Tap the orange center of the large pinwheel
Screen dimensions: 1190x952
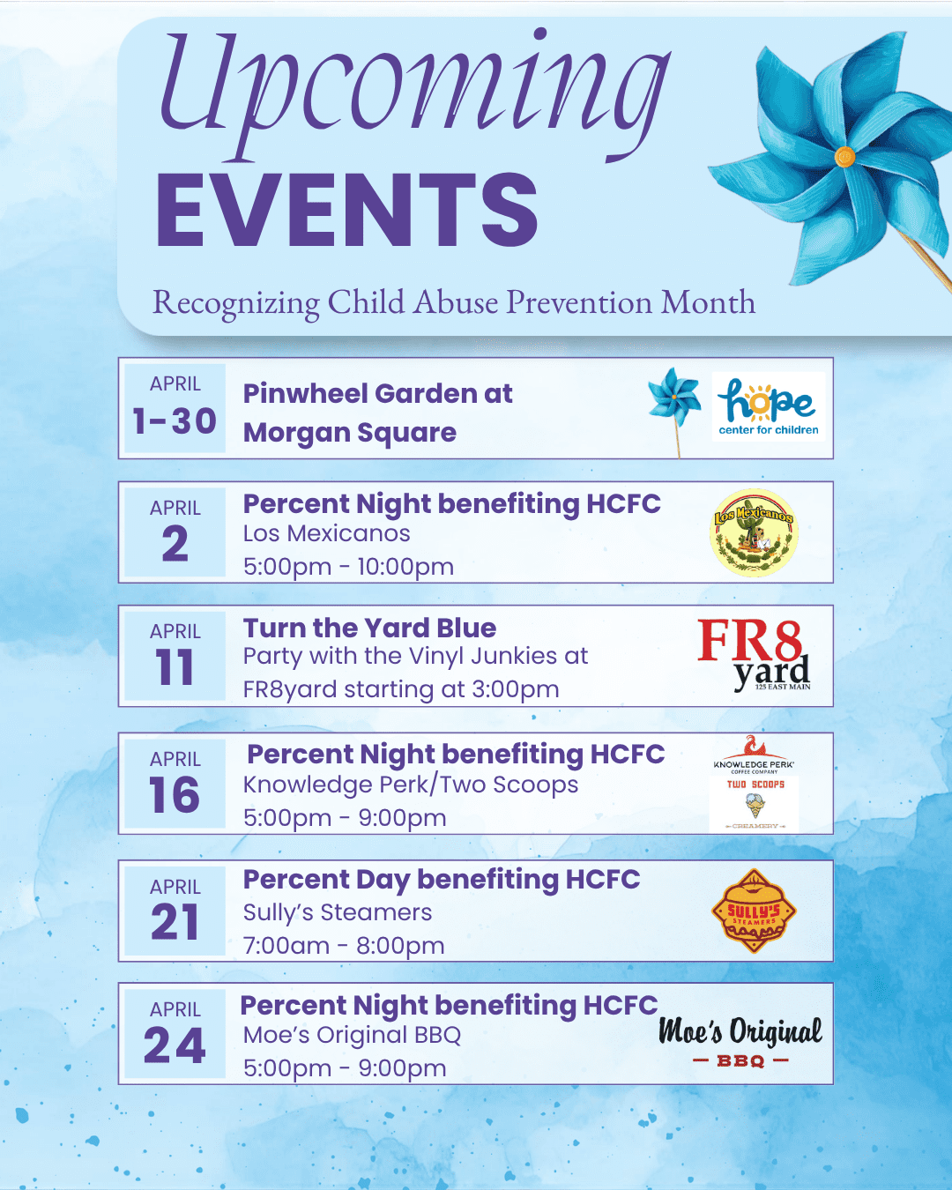(844, 158)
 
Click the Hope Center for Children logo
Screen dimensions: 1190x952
(768, 406)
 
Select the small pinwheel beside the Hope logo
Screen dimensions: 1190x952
(675, 399)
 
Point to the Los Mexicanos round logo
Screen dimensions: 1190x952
(754, 532)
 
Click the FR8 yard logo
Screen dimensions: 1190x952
(754, 654)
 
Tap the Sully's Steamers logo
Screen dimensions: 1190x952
(754, 911)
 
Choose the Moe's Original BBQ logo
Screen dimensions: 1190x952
(740, 1041)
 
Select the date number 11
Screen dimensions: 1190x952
(175, 667)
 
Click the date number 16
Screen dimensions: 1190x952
(175, 795)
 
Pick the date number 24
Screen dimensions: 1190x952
(175, 1046)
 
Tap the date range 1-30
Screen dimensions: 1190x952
(175, 421)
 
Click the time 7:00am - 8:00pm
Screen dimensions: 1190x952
(344, 946)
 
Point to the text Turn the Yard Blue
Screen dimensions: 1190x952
(369, 628)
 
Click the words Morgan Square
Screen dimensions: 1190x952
(350, 433)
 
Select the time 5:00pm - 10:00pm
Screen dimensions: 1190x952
(348, 567)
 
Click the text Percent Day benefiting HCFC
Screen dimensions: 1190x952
(441, 880)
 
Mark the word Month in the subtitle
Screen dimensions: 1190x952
(708, 302)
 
